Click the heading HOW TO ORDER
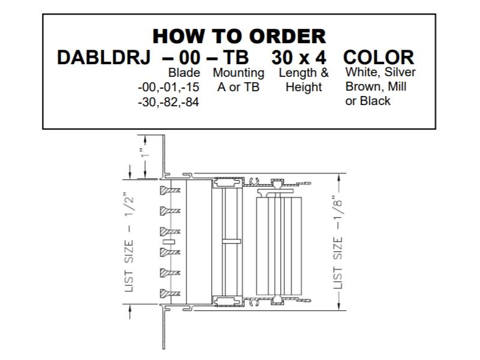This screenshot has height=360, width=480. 239,36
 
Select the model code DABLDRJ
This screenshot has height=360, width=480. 104,57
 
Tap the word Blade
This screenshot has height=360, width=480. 184,73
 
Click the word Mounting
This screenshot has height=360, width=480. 238,73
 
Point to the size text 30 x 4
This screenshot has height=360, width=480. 299,57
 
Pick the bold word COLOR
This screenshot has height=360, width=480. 379,57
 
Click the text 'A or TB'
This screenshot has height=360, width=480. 238,87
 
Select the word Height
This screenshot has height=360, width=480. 304,87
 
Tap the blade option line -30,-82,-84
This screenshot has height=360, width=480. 169,102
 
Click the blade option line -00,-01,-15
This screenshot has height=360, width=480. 169,87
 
